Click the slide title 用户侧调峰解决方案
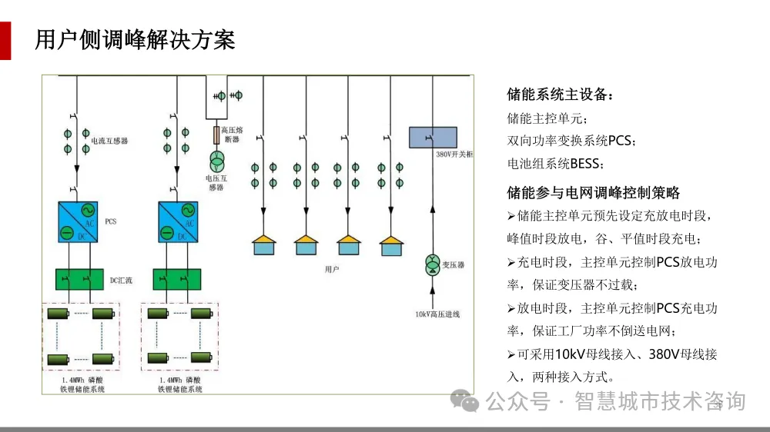pyautogui.click(x=135, y=39)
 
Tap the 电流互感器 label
pyautogui.click(x=109, y=141)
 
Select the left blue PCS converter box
pyautogui.click(x=78, y=222)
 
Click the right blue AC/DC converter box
pyautogui.click(x=178, y=222)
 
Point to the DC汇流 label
pyautogui.click(x=121, y=281)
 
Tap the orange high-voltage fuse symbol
pyautogui.click(x=216, y=135)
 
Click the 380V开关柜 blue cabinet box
pyautogui.click(x=432, y=138)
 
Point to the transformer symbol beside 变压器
pyautogui.click(x=432, y=264)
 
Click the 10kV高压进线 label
pyautogui.click(x=437, y=314)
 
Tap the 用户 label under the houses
pyautogui.click(x=332, y=270)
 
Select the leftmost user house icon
pyautogui.click(x=264, y=245)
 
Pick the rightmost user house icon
pyautogui.click(x=391, y=245)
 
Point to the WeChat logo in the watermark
pyautogui.click(x=464, y=400)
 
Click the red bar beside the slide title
pyautogui.click(x=5, y=40)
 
